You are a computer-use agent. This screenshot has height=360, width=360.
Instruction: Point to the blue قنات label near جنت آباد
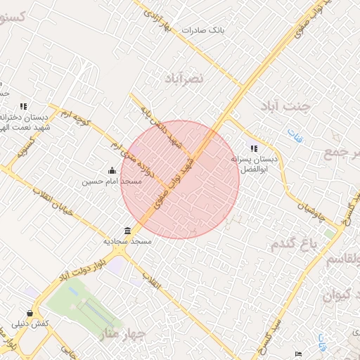pos(293,136)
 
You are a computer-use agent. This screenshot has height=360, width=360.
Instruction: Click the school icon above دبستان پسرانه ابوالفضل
pos(254,148)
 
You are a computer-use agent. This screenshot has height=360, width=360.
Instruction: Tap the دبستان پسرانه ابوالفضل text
pos(255,164)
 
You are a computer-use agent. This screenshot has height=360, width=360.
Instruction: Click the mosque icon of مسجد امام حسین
pos(112,170)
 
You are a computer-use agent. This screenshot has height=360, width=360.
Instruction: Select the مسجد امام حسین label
pos(112,181)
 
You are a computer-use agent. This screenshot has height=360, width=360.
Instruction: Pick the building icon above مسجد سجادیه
pos(127,231)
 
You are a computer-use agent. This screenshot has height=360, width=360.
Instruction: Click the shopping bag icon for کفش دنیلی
pos(30,313)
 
